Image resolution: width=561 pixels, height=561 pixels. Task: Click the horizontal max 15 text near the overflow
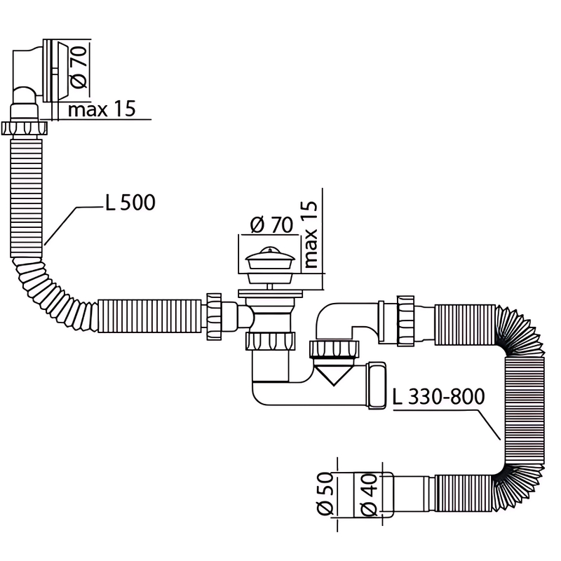pos(101,109)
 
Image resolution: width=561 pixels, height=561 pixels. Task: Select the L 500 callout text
pos(130,203)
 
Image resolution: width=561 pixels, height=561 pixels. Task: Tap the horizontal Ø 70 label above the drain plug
pos(270,226)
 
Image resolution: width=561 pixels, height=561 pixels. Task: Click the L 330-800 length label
pos(438,397)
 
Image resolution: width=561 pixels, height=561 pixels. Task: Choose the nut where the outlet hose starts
pos(406,320)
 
